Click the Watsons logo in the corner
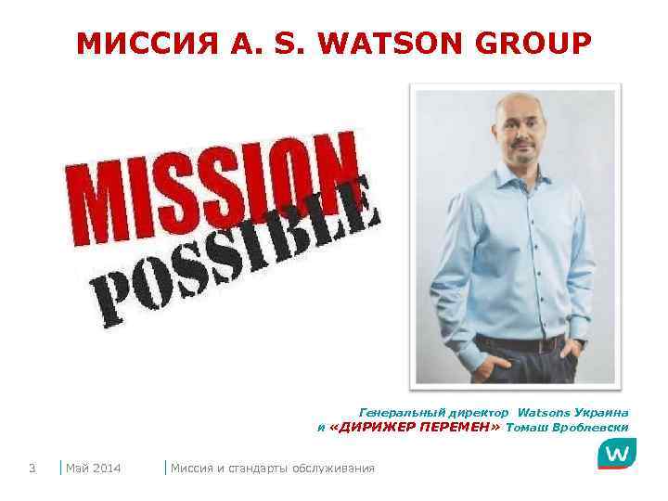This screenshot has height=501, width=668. (616, 454)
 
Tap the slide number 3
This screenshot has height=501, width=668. (32, 468)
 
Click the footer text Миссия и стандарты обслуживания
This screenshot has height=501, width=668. (273, 468)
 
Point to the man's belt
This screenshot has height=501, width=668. (520, 344)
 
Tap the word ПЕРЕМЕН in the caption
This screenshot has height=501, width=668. (458, 428)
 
